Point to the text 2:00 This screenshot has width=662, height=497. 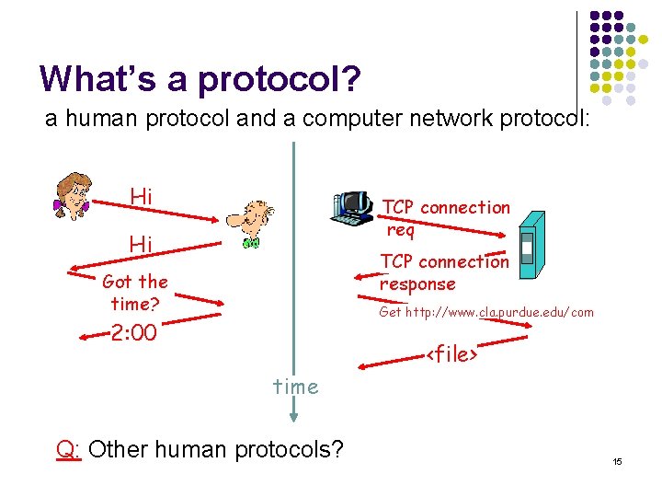click(133, 332)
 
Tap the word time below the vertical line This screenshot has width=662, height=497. click(295, 387)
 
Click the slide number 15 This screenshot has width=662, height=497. click(618, 460)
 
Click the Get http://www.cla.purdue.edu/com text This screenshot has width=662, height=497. click(486, 313)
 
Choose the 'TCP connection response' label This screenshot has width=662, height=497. click(444, 272)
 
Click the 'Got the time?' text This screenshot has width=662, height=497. click(135, 293)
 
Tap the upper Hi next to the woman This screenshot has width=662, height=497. click(141, 196)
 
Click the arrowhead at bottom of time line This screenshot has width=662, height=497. click(293, 415)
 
